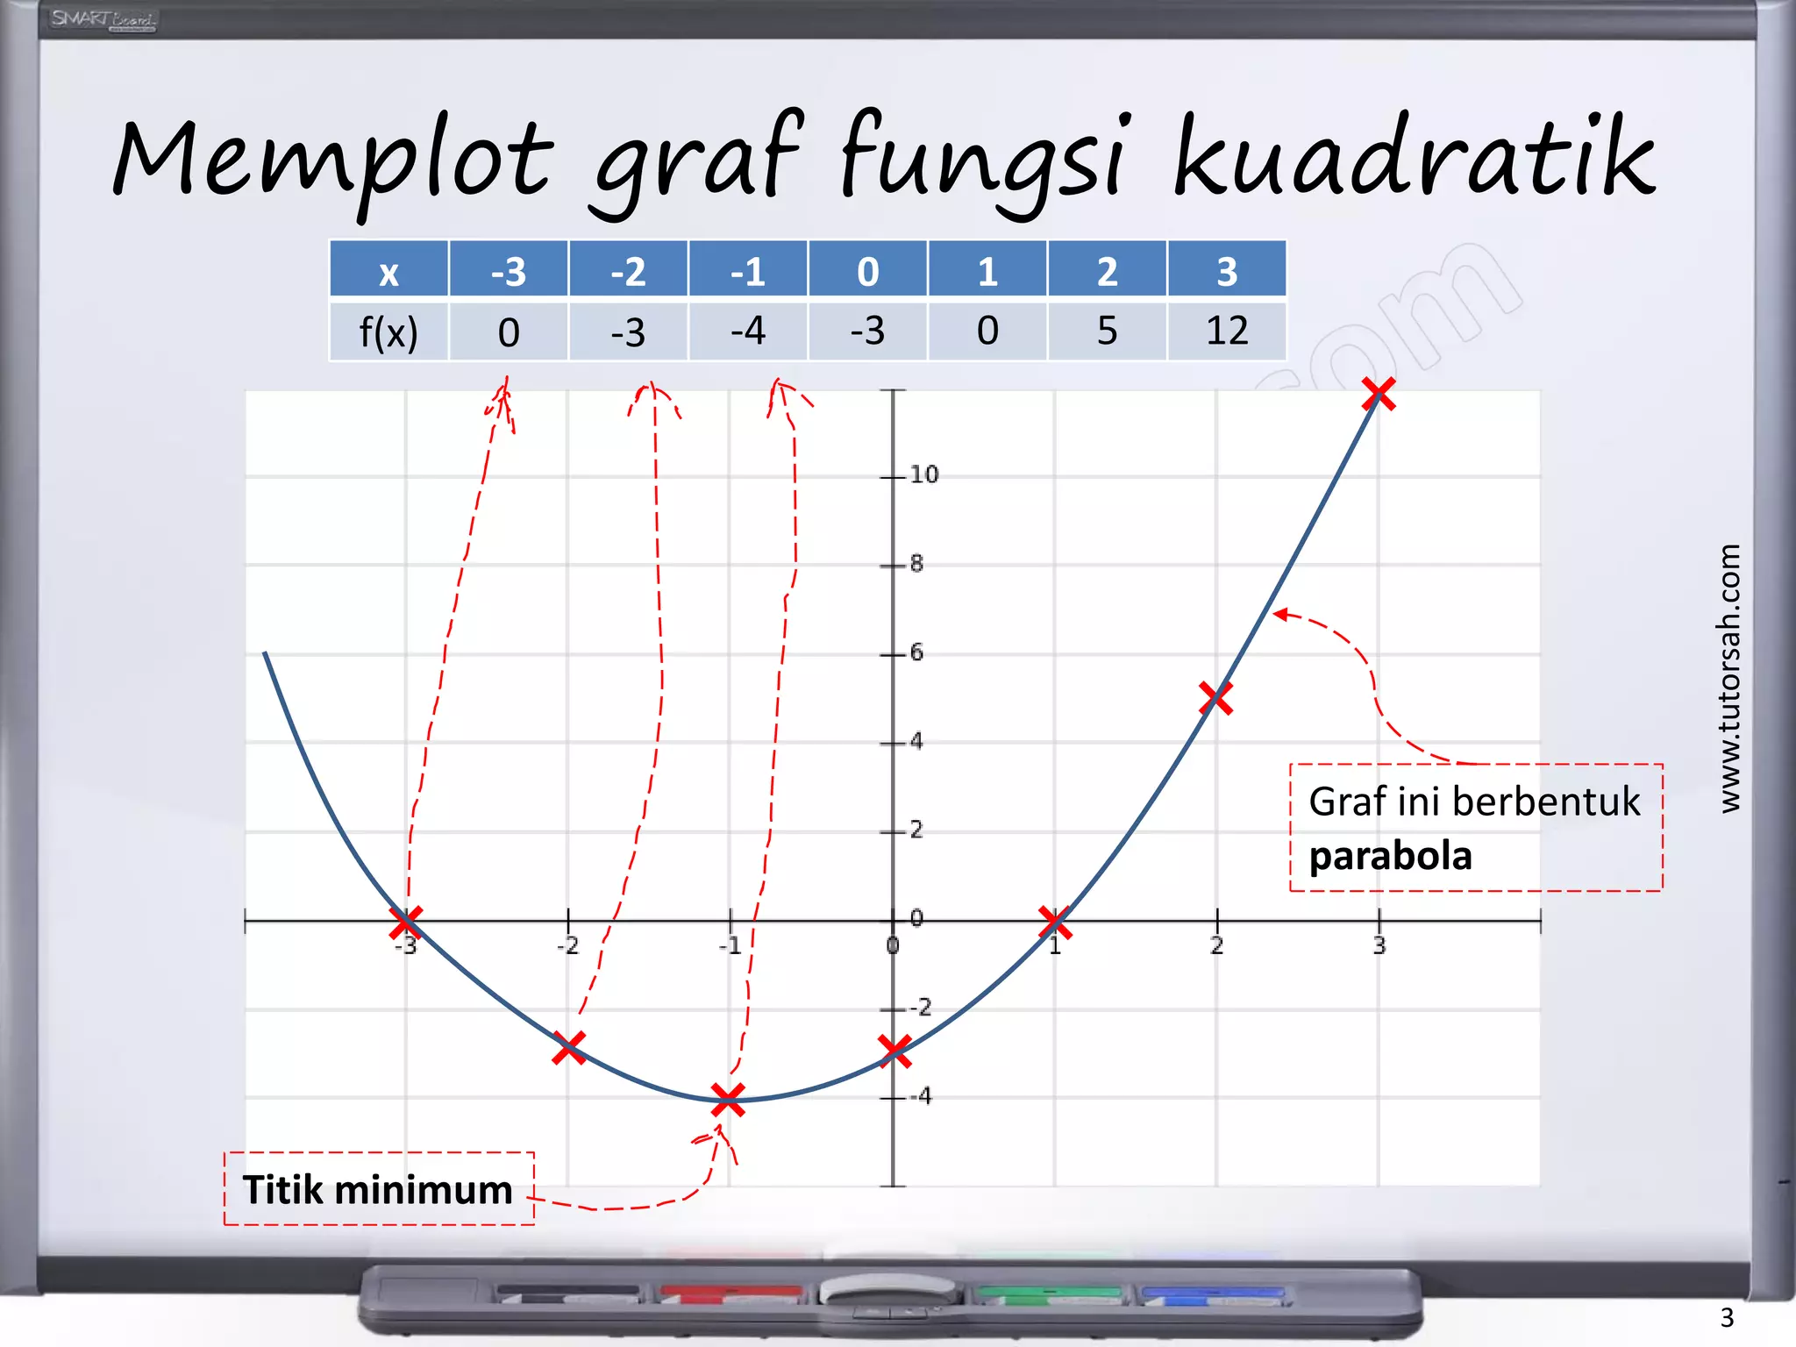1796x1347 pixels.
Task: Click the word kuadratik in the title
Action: tap(1414, 158)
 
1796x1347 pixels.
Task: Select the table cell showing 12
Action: tap(1226, 331)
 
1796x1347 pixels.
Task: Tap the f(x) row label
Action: tap(388, 332)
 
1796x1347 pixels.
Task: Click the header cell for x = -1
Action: tap(747, 270)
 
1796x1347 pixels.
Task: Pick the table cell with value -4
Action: tap(747, 331)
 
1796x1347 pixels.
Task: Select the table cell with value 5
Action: tap(1107, 331)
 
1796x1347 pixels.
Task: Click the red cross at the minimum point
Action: tap(728, 1099)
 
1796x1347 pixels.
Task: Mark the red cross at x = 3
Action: tap(1379, 394)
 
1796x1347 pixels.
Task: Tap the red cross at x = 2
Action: tap(1215, 698)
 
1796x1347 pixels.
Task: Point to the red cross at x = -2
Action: tap(569, 1047)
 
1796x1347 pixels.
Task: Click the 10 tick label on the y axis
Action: tap(923, 474)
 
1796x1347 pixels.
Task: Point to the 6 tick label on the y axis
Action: tap(916, 652)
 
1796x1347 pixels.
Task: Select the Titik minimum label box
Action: tap(379, 1189)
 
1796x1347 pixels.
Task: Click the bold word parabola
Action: tap(1390, 856)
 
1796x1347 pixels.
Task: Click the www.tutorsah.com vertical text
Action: tap(1728, 678)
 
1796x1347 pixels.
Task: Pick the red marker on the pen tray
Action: tap(730, 1293)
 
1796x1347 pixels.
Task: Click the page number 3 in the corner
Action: tap(1726, 1317)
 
